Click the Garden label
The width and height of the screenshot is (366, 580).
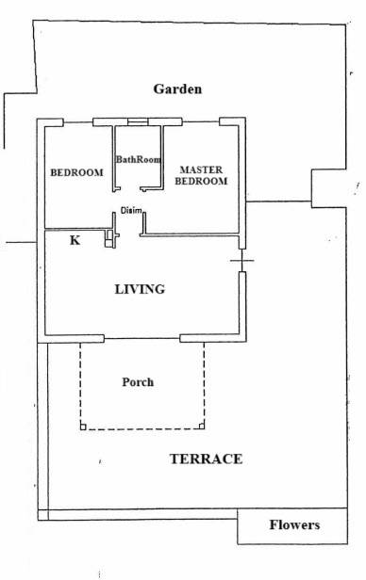[178, 89]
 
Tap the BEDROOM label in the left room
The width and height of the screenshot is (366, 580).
[76, 172]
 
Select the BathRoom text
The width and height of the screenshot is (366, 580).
[138, 159]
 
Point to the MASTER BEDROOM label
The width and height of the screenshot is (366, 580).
[201, 175]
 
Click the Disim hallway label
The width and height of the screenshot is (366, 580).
[131, 211]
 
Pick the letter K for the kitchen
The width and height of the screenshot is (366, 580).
[75, 240]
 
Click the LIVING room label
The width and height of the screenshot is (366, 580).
[140, 289]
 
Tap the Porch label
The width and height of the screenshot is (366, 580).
[138, 382]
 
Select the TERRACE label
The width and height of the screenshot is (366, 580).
[206, 459]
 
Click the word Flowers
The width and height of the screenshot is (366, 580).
[294, 524]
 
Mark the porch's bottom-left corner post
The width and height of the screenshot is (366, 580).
[83, 427]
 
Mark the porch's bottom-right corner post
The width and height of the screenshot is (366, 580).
[202, 427]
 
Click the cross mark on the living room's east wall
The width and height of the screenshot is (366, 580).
[241, 261]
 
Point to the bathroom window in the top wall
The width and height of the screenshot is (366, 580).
[138, 122]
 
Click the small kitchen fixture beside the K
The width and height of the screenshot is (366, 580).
[108, 238]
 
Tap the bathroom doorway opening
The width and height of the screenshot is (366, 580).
[130, 189]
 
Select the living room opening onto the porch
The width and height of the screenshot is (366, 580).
[141, 338]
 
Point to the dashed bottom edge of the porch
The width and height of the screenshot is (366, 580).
[142, 429]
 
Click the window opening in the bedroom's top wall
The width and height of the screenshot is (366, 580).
[77, 122]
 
